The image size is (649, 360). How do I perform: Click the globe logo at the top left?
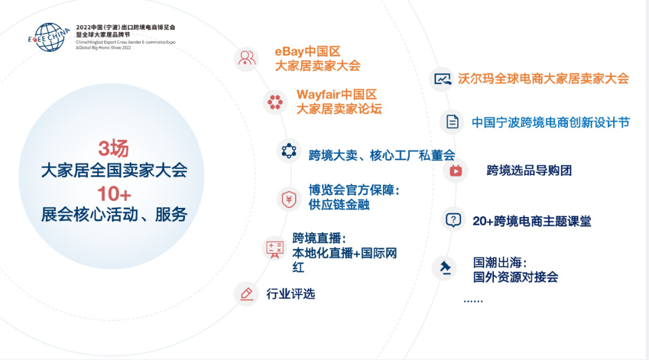pos(49,37)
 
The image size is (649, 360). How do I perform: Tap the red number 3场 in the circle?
pos(114,148)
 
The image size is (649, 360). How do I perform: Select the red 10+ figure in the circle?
pos(114,194)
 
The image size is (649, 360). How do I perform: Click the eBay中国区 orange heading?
pos(308,52)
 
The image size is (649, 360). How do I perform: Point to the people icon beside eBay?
pos(247,58)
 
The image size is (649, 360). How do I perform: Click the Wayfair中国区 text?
pos(337,95)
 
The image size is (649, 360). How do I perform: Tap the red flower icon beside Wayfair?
pos(275,102)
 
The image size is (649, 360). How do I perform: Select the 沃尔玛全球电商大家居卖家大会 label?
pos(543,79)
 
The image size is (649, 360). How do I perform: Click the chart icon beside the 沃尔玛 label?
pos(442,79)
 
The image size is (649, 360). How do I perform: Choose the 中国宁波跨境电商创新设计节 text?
pos(550,123)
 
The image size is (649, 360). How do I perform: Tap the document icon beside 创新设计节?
pos(452,122)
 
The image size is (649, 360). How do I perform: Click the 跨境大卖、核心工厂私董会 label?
pos(382,155)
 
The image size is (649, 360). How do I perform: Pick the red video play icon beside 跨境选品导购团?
pos(456,171)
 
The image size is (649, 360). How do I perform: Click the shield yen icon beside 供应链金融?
pos(289,200)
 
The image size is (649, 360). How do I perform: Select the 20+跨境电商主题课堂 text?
pos(532,221)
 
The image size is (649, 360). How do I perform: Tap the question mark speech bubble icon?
pos(453,220)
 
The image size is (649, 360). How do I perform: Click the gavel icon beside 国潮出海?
pos(445,267)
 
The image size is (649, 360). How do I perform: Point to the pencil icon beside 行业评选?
pos(247,294)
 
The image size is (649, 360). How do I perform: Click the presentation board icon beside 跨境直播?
pos(275,249)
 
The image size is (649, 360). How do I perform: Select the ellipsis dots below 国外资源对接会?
pos(473,301)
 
